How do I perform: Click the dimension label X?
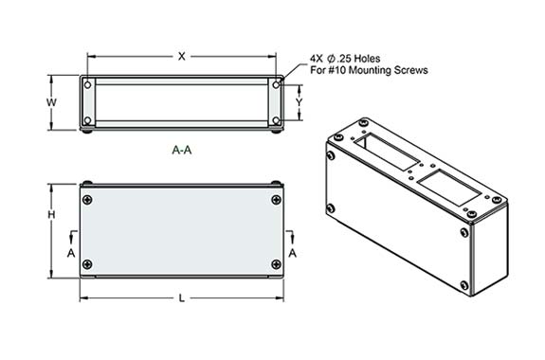pos(182,56)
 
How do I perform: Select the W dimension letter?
pos(53,101)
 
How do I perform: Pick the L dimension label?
pos(182,298)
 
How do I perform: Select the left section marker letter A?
pos(71,254)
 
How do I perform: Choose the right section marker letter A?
pos(293,254)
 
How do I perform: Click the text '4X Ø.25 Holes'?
pos(346,57)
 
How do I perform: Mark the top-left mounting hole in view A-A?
pos(88,85)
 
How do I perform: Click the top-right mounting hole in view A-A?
pos(276,85)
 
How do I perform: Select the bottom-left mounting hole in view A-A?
pos(88,120)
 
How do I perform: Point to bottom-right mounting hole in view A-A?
pos(276,120)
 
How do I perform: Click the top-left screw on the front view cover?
pos(88,199)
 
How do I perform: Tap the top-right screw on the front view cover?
pos(276,199)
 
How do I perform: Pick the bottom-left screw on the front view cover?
pos(88,263)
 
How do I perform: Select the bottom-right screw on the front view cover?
pos(276,263)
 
